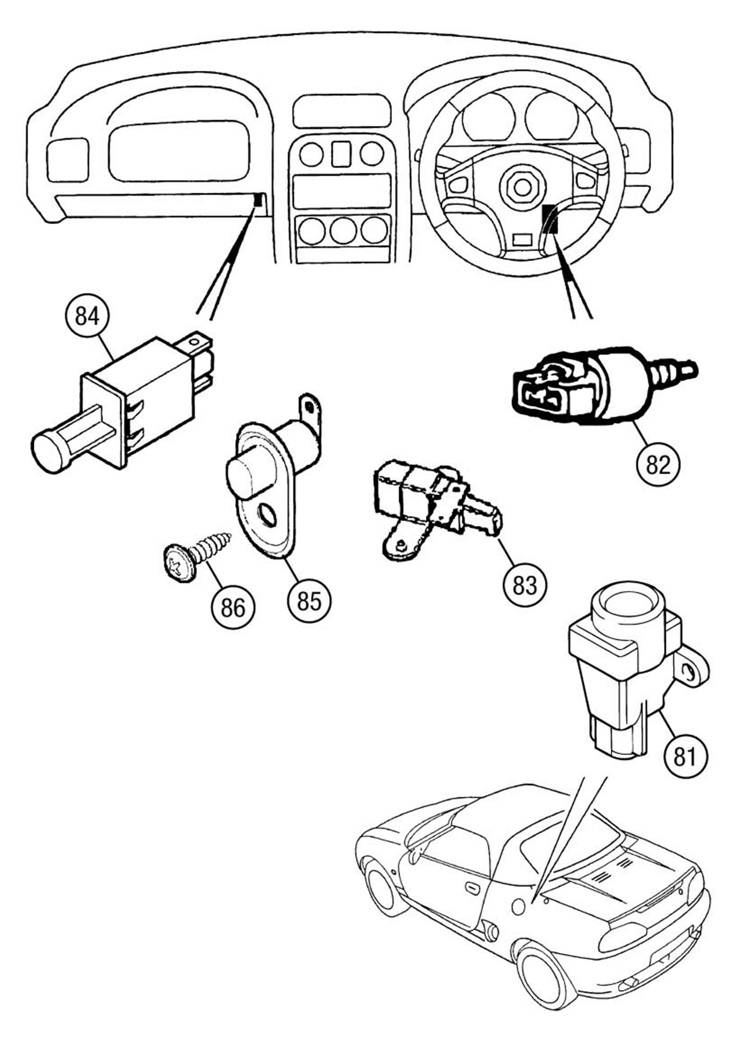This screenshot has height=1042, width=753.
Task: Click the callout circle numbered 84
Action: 87,316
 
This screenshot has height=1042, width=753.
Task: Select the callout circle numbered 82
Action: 658,464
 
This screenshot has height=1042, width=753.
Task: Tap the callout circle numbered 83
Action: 525,585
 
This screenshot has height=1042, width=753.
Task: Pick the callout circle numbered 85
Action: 310,601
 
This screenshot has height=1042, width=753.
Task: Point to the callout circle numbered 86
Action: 233,607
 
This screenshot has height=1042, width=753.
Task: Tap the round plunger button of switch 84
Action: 50,451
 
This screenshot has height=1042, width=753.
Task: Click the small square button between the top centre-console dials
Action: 341,154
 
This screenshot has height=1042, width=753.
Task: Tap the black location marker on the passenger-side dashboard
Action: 257,199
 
